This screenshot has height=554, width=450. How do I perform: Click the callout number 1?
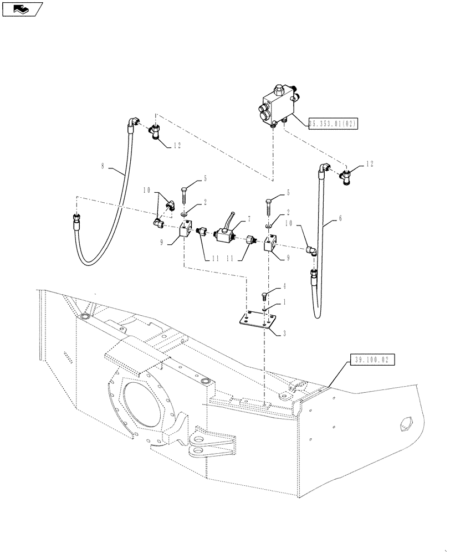(285, 302)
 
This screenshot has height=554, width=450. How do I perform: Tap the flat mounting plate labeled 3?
(255, 322)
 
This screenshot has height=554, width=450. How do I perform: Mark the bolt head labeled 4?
(265, 294)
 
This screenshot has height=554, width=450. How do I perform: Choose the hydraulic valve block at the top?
(278, 104)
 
